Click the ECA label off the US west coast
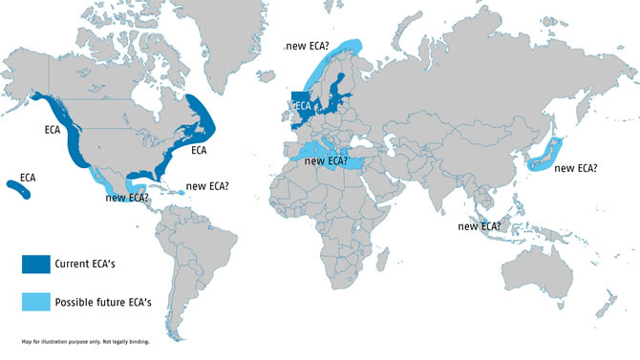(x=54, y=129)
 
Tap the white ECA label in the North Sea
(x=304, y=106)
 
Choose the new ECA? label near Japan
(x=576, y=168)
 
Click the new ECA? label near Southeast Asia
(x=480, y=226)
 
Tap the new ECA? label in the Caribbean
(x=208, y=186)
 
